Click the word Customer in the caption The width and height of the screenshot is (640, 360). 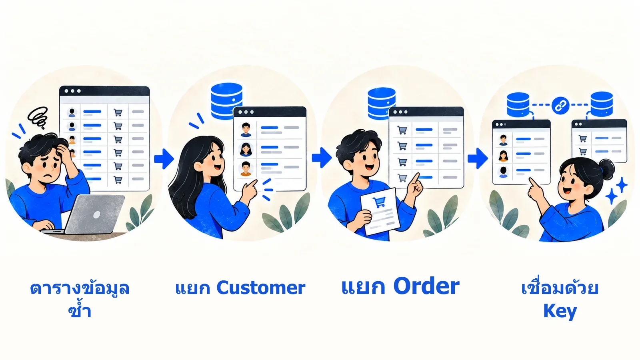click(x=261, y=288)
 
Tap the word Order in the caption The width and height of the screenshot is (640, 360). click(x=426, y=286)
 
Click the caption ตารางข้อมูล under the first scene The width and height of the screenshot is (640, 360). click(x=80, y=288)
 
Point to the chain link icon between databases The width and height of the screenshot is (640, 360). click(x=560, y=106)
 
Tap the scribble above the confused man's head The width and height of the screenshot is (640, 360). click(x=38, y=117)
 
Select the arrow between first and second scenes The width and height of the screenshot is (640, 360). click(x=164, y=158)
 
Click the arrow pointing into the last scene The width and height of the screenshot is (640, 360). click(x=478, y=158)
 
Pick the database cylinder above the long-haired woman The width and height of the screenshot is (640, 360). click(x=226, y=100)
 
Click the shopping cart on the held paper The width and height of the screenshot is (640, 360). click(x=379, y=202)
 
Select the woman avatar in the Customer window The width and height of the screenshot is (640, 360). click(x=246, y=149)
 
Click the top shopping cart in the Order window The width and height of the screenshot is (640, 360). click(x=402, y=130)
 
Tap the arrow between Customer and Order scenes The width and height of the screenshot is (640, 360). click(x=322, y=158)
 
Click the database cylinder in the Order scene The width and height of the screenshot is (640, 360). click(x=382, y=104)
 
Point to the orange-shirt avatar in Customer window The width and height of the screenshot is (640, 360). click(x=246, y=169)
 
